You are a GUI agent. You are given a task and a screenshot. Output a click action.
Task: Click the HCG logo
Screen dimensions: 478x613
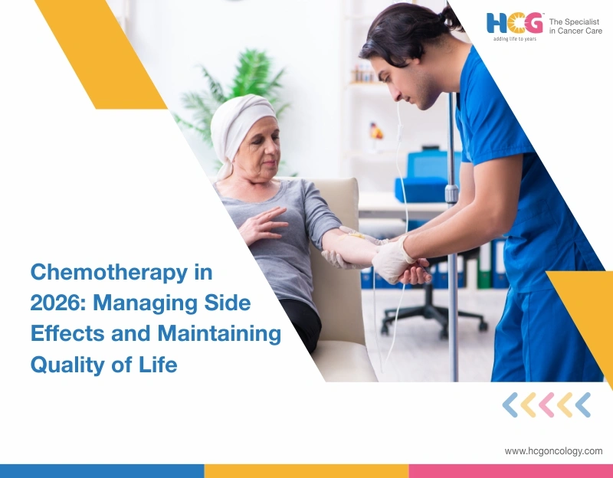[x=515, y=23]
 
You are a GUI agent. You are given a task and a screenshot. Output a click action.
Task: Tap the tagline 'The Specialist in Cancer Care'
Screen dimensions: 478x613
[x=576, y=26]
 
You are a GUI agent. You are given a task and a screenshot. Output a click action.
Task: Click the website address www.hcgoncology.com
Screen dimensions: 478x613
[x=553, y=451]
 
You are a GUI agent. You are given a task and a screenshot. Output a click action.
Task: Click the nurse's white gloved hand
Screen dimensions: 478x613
[x=392, y=260]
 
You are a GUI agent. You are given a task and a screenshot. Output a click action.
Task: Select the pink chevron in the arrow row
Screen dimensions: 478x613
[x=546, y=404]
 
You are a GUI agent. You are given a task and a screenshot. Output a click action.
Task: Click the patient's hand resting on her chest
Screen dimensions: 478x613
[x=260, y=225]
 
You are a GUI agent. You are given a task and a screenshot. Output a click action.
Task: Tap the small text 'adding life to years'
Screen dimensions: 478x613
[x=514, y=38]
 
